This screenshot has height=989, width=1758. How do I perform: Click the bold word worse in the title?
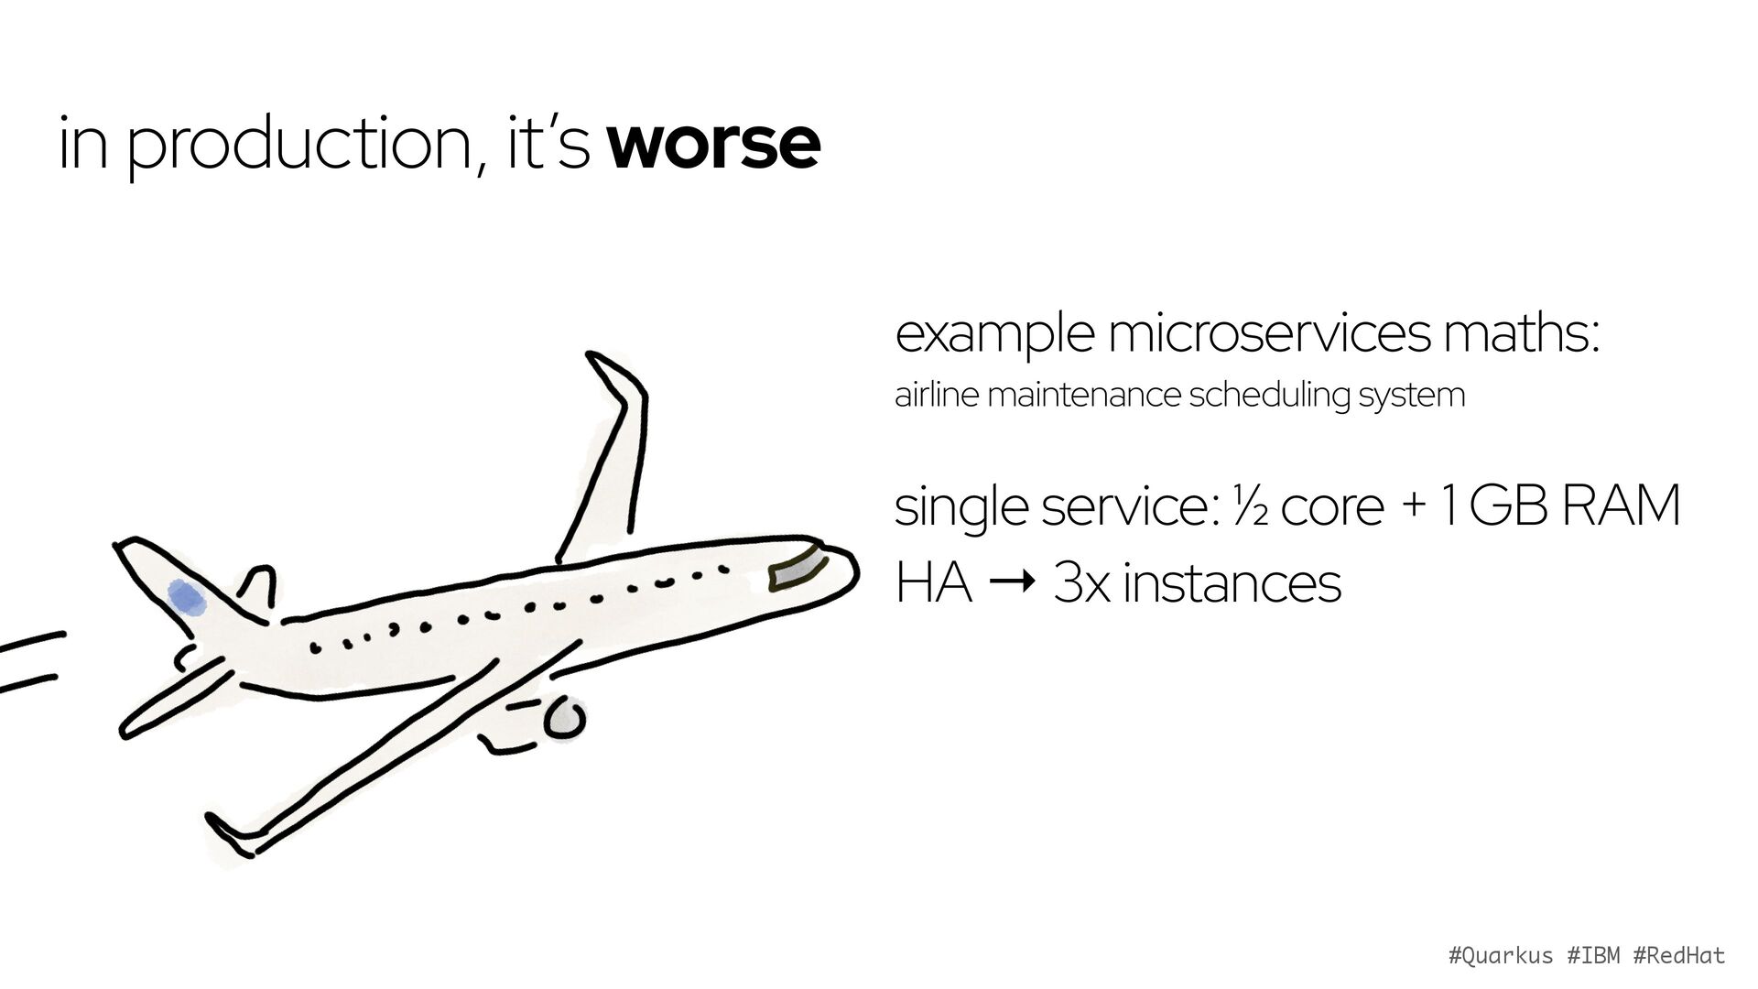click(x=713, y=144)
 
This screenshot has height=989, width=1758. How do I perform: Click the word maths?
click(x=1521, y=334)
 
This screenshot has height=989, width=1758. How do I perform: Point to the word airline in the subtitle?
click(x=937, y=395)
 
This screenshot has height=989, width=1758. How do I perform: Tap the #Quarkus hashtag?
click(x=1501, y=956)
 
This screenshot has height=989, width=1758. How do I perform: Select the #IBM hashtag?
click(x=1593, y=955)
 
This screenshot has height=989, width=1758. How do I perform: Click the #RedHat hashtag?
click(x=1679, y=955)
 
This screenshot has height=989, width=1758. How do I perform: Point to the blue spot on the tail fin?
click(x=187, y=597)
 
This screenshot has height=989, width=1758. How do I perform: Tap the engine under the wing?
click(x=564, y=720)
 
